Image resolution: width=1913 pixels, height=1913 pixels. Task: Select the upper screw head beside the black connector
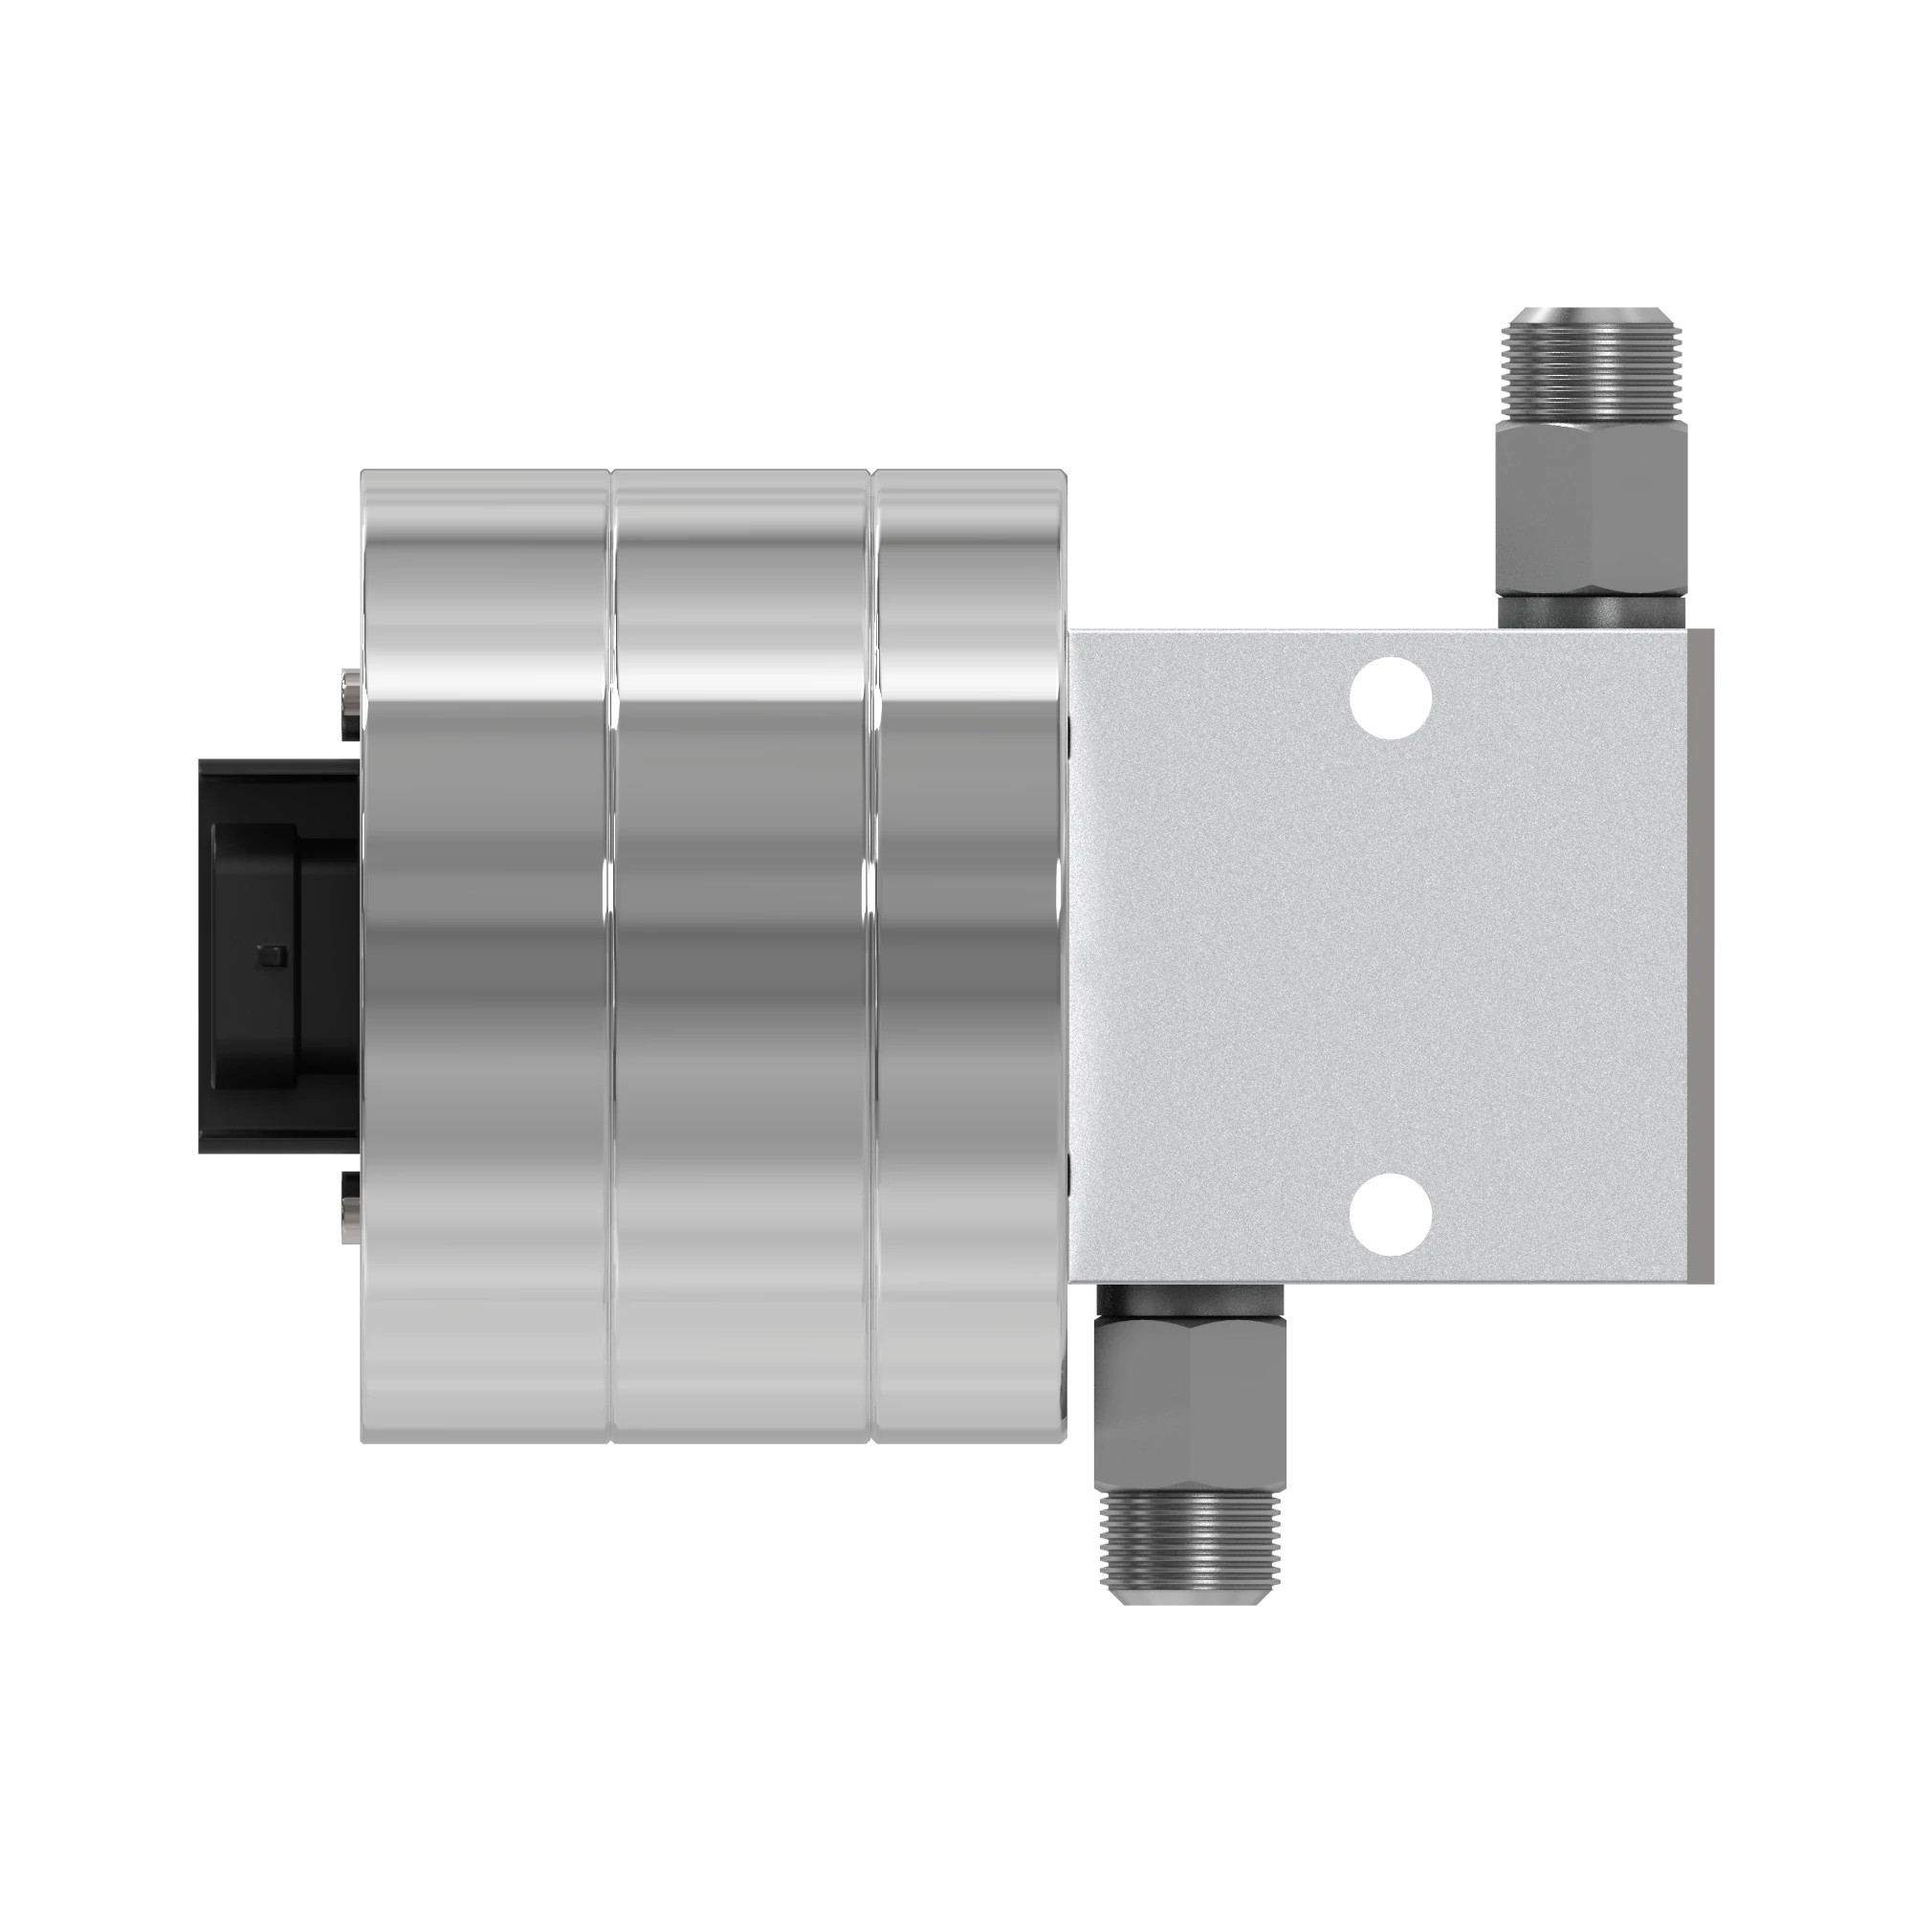tap(349, 705)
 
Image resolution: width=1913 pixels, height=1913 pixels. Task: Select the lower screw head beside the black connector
tap(349, 1207)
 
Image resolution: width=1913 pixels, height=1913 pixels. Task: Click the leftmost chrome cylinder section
tap(485, 956)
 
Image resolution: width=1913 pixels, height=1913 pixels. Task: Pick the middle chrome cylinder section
tap(740, 956)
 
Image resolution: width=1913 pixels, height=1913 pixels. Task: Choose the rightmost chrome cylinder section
tap(968, 956)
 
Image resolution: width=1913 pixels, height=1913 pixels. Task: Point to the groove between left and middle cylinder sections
tap(611, 956)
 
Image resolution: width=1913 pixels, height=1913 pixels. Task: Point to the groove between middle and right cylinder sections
tap(871, 956)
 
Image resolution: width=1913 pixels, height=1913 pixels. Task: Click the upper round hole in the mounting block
tap(1391, 698)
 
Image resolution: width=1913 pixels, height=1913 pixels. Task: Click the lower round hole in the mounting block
tap(1391, 1215)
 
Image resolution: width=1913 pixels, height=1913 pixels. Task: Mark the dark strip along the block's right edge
tap(1701, 956)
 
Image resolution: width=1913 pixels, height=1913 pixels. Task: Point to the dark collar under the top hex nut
tap(1592, 610)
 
